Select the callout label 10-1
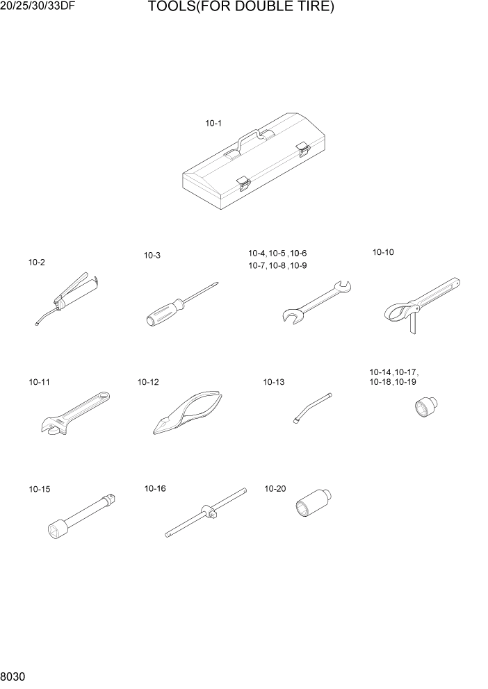coord(213,124)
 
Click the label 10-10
coord(383,253)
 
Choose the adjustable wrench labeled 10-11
coord(71,415)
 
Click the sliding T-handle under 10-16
coord(206,513)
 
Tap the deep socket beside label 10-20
coord(312,505)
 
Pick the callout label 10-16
coord(155,489)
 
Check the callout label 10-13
coord(273,382)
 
